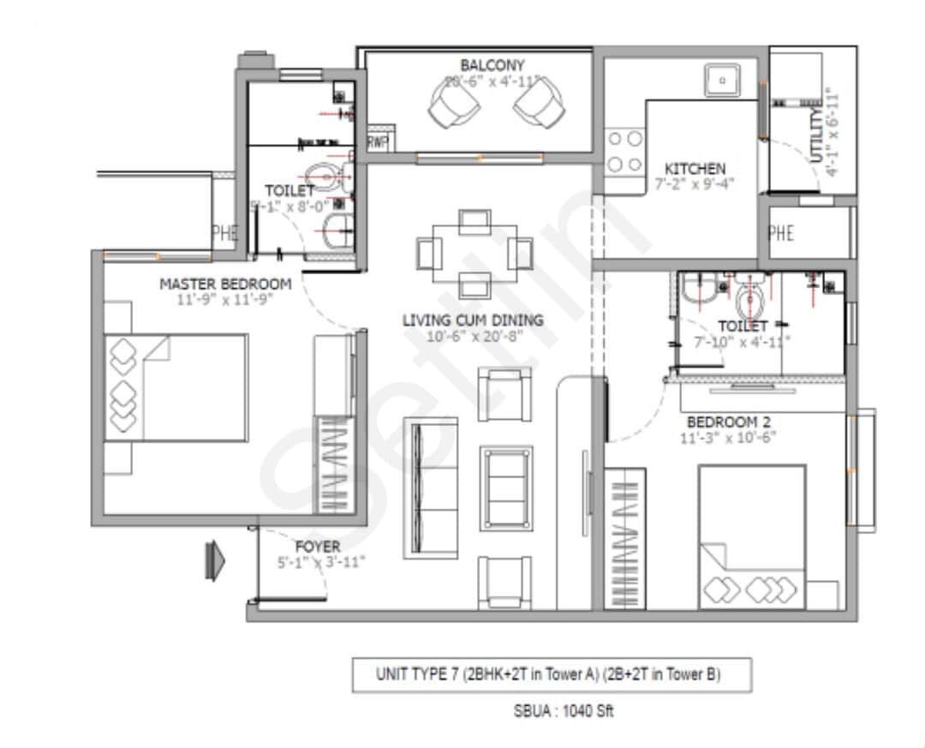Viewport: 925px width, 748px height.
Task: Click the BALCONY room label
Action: (492, 65)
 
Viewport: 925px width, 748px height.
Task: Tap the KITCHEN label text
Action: (695, 169)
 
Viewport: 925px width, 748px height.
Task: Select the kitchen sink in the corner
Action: (723, 81)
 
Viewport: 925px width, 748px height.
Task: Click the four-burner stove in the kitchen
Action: (624, 151)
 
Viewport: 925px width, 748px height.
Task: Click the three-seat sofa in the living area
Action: (431, 488)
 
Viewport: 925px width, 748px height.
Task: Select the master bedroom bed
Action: (176, 387)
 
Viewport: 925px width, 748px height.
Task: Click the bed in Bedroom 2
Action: (751, 536)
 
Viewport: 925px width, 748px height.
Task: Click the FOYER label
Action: (318, 547)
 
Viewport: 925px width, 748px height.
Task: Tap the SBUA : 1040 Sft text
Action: (552, 710)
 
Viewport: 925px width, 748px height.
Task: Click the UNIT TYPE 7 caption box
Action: (552, 674)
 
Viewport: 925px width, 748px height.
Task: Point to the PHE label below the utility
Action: (781, 232)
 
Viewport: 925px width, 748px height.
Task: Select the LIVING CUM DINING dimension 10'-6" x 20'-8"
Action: (473, 337)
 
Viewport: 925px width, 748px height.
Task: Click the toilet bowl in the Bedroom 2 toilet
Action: (750, 300)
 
